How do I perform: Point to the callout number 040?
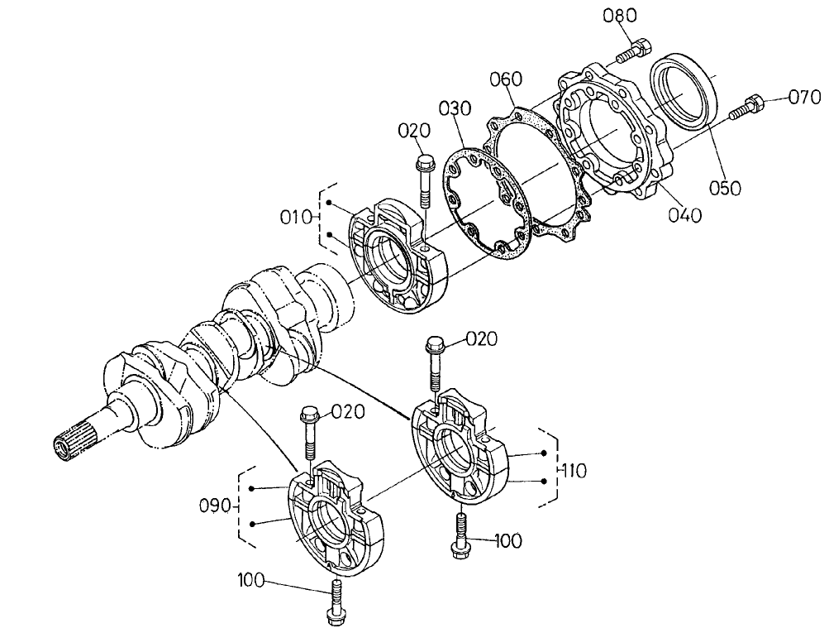pyautogui.click(x=685, y=215)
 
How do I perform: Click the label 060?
pyautogui.click(x=505, y=79)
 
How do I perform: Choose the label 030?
pyautogui.click(x=455, y=109)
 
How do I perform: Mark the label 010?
pyautogui.click(x=294, y=218)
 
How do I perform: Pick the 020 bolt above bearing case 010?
pyautogui.click(x=424, y=179)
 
